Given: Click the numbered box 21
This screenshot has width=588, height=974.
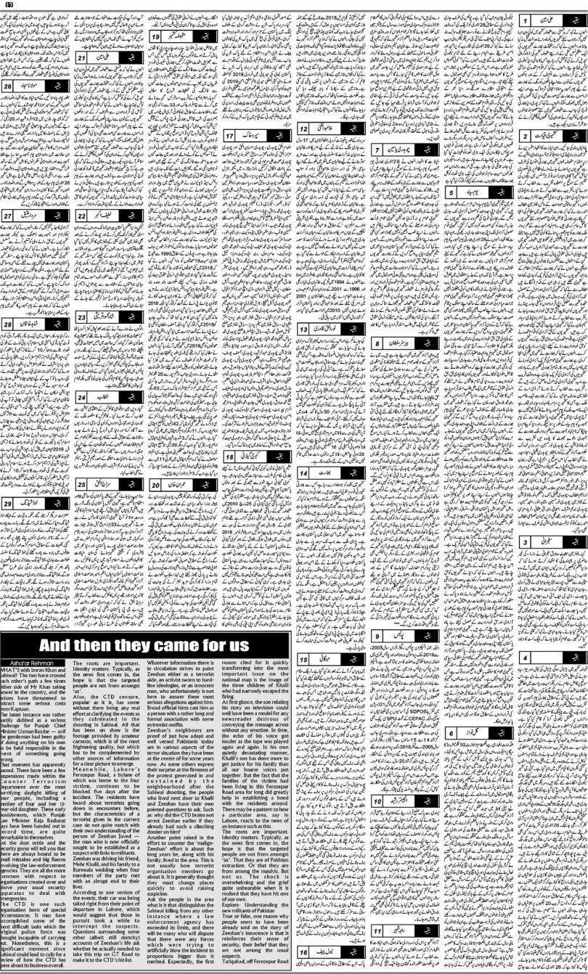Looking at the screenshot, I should pyautogui.click(x=82, y=56).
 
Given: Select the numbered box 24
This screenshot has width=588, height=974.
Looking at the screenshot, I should pyautogui.click(x=82, y=398).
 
